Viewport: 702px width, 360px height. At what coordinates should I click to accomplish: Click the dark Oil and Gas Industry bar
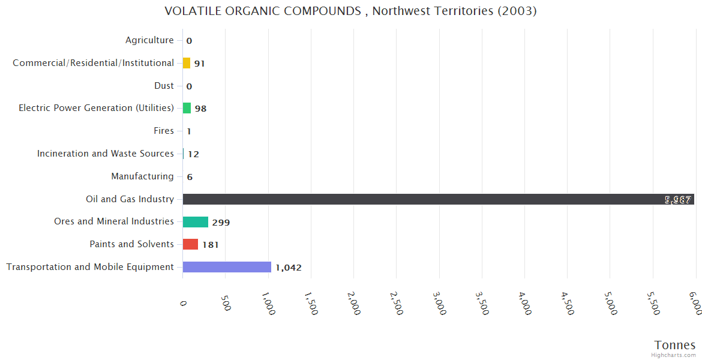[438, 199]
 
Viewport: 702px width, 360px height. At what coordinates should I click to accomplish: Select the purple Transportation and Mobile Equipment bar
[227, 267]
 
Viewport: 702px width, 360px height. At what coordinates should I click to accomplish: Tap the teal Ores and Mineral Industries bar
[196, 222]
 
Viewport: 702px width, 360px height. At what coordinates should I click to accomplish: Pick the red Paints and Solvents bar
[190, 244]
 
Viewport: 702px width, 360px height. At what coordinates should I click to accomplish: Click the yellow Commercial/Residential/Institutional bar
[187, 63]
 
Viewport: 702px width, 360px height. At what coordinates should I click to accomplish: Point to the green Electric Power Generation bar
[187, 108]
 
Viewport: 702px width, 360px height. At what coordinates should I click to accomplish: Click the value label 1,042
[289, 268]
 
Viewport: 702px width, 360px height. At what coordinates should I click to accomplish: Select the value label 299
[221, 223]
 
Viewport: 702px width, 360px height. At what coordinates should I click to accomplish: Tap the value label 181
[211, 245]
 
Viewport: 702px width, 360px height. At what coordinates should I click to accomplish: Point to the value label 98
[200, 109]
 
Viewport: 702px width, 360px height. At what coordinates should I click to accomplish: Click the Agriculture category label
[149, 40]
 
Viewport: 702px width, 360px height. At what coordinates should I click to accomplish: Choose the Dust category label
[164, 86]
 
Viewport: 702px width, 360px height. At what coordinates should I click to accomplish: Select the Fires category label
[164, 131]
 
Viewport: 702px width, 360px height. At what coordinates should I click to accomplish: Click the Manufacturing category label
[142, 176]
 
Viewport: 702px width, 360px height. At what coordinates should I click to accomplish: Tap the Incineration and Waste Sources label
[106, 154]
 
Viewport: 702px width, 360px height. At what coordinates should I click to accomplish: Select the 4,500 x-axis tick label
[565, 303]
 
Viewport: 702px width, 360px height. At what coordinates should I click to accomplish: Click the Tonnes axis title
[675, 345]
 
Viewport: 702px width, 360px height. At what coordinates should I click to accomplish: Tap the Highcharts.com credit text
[674, 355]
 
